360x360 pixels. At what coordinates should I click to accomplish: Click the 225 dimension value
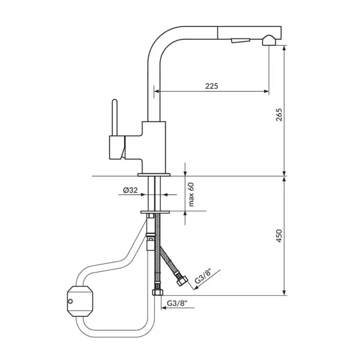[x=211, y=86]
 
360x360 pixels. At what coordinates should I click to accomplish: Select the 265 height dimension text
[x=279, y=115]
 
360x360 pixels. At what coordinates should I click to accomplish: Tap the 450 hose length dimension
[x=279, y=236]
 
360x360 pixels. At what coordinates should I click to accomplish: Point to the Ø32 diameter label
[x=130, y=190]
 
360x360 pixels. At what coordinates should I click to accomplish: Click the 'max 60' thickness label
[x=191, y=194]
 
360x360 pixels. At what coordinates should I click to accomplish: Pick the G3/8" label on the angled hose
[x=203, y=276]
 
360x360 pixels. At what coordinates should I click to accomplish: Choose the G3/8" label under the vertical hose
[x=177, y=303]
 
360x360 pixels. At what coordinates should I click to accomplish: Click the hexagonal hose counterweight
[x=80, y=301]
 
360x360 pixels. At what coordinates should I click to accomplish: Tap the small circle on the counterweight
[x=70, y=301]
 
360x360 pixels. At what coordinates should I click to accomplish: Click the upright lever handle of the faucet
[x=115, y=118]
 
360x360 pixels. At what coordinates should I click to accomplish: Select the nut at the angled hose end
[x=182, y=280]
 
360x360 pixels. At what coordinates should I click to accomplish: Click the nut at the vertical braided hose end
[x=157, y=292]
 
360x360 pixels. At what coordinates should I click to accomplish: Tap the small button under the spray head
[x=241, y=41]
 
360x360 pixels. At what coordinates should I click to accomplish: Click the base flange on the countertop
[x=154, y=175]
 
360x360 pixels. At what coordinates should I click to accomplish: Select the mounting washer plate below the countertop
[x=155, y=212]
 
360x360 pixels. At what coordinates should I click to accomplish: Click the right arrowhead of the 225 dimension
[x=266, y=91]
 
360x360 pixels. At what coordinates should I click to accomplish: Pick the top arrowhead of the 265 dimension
[x=284, y=48]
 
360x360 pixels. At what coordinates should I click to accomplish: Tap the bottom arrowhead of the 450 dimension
[x=284, y=293]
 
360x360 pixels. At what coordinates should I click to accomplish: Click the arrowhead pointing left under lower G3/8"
[x=164, y=308]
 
